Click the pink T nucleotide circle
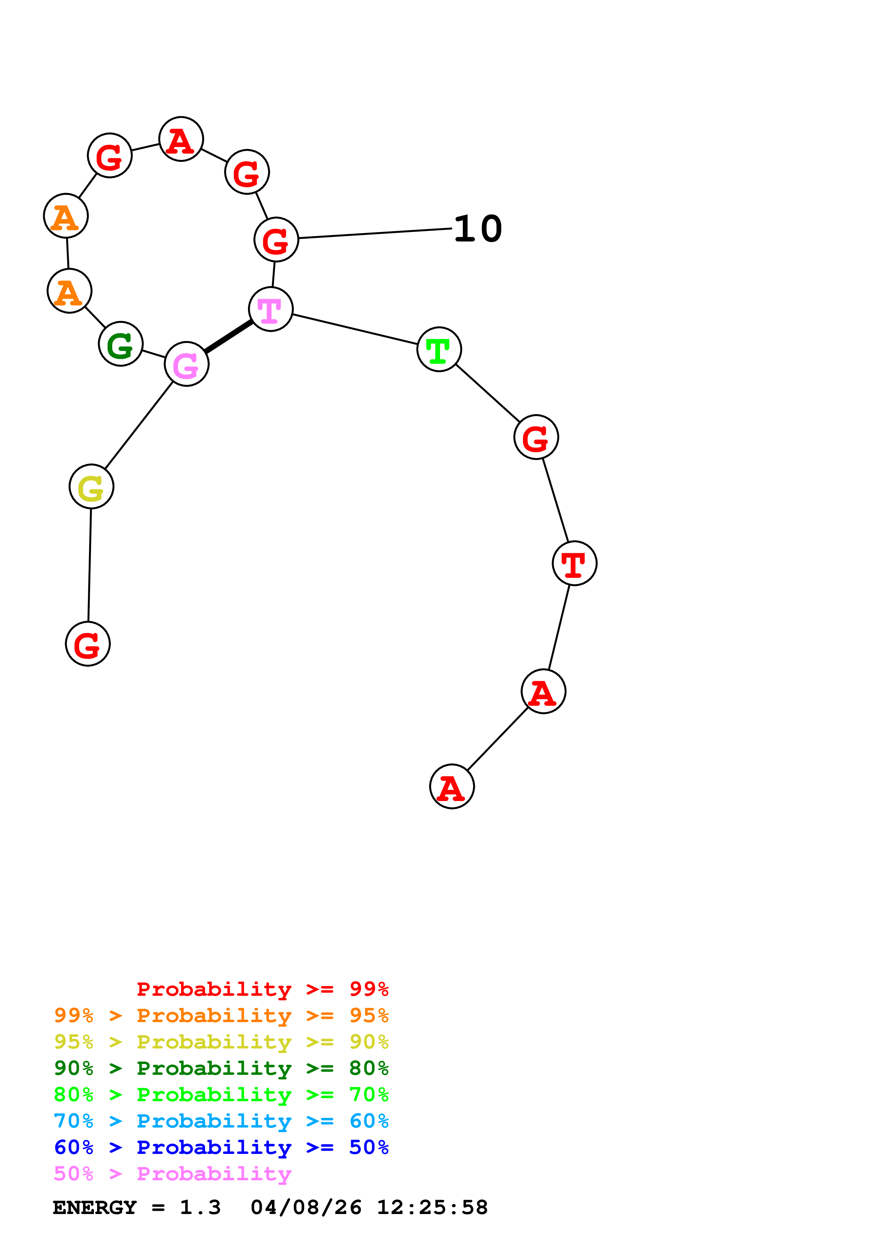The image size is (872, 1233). point(271,309)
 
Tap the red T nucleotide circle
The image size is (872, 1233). point(574,563)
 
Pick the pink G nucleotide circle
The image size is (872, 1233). point(186,364)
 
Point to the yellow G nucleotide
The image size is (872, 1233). point(91,486)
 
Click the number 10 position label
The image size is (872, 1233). point(478,229)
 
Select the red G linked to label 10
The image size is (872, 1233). point(276,239)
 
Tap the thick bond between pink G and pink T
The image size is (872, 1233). point(228,337)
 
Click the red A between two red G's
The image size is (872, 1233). point(181,139)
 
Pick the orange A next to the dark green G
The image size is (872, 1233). point(69,291)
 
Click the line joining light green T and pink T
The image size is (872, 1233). point(355,329)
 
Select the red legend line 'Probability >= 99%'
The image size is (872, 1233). point(262,989)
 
